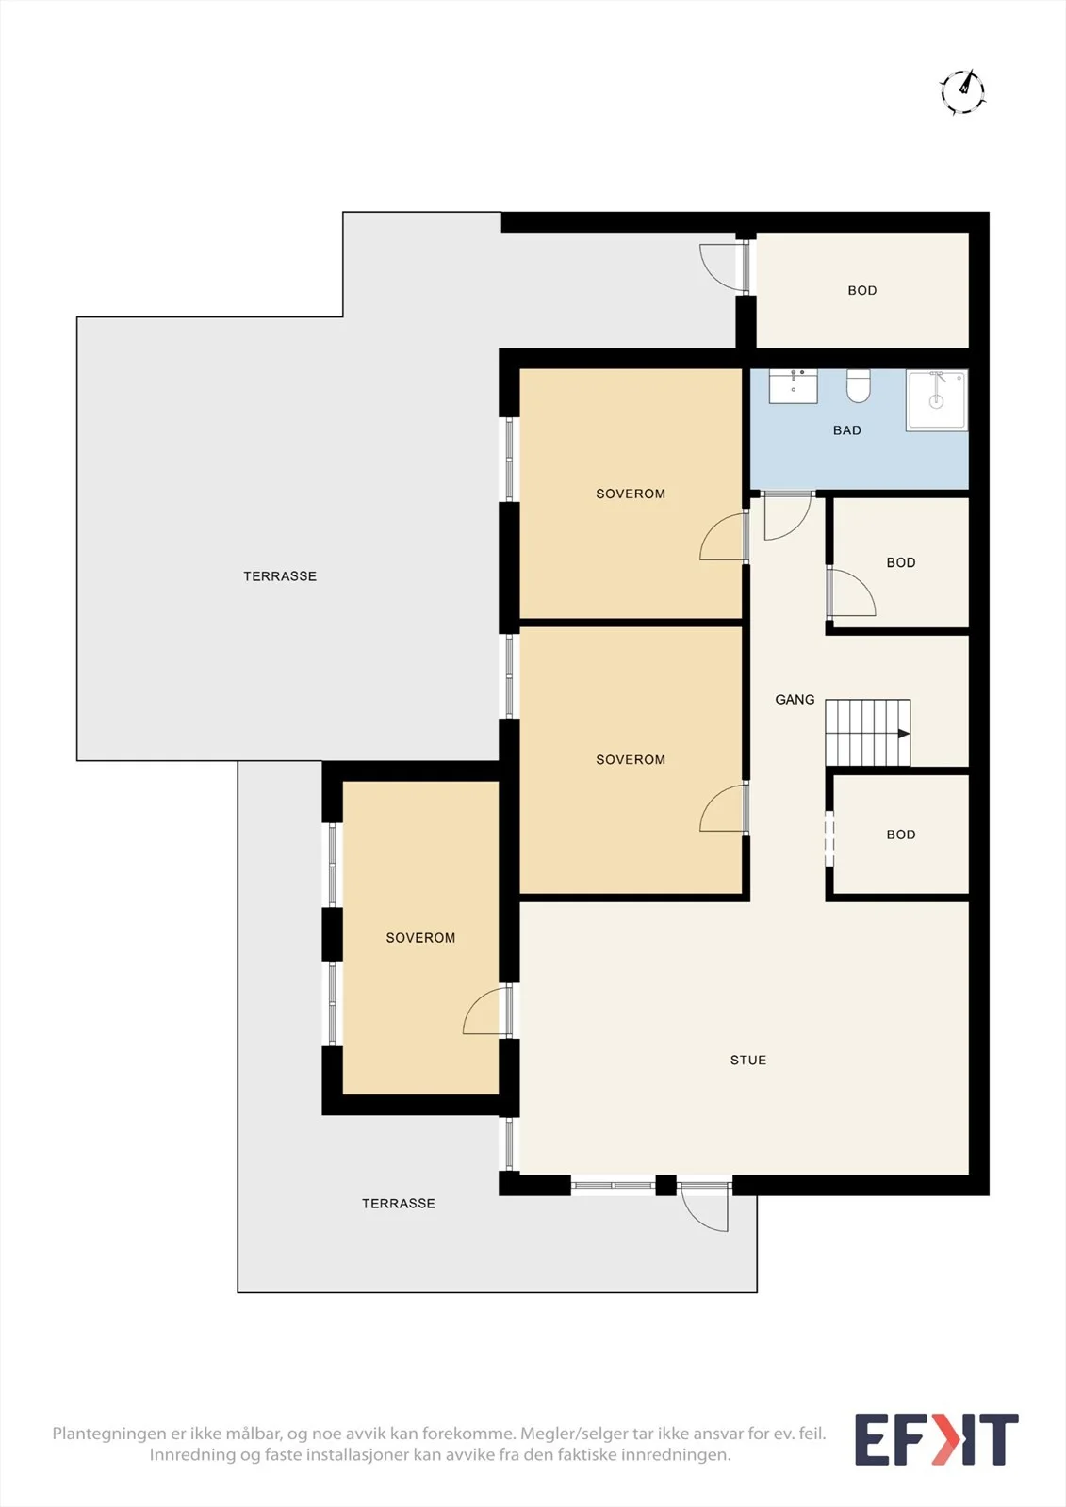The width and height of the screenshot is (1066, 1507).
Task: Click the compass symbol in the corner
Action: point(963,91)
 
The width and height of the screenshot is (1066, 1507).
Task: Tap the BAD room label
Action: point(846,430)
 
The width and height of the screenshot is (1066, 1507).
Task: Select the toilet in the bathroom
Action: point(859,385)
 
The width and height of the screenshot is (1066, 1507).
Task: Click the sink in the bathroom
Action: point(794,385)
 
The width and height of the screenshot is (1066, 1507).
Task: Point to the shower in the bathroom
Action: point(936,399)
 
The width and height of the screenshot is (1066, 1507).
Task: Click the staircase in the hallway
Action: point(868,733)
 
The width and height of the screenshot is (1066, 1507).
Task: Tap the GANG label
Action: point(795,700)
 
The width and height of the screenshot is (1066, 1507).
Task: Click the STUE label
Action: point(748,1061)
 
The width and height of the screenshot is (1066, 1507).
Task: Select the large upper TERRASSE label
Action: point(280,576)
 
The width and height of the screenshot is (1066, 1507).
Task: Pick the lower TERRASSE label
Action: point(399,1204)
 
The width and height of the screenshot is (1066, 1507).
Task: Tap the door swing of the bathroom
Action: point(788,516)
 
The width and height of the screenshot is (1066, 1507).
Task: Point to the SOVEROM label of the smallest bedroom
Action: point(420,938)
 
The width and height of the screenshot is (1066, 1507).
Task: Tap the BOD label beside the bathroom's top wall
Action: point(862,291)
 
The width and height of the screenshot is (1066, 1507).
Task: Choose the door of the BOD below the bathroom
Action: point(851,592)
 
